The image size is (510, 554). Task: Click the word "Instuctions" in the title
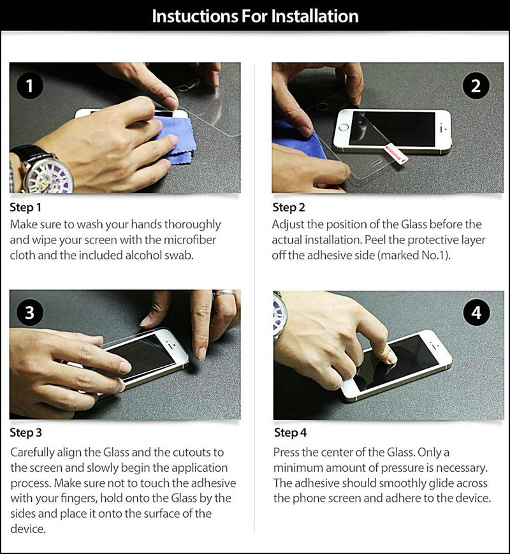194,16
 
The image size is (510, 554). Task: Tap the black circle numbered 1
30,86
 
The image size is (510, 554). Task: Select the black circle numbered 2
476,86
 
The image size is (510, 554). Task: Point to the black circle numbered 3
30,312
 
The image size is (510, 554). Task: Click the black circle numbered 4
476,312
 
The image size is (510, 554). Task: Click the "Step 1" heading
25,207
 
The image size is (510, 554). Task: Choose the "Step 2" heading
288,207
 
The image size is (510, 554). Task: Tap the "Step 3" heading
25,432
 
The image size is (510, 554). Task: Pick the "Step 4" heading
291,432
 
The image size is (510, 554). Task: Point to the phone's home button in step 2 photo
344,128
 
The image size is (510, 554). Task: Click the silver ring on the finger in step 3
224,293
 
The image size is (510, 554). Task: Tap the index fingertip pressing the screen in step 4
391,358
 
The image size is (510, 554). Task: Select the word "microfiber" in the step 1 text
189,240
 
